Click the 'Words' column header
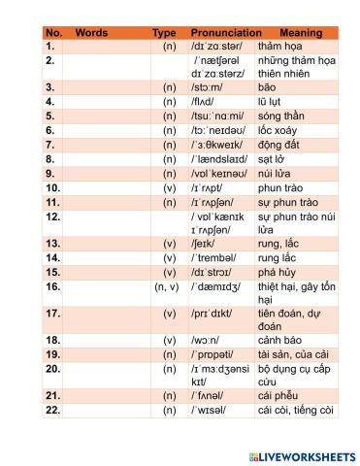coord(91,33)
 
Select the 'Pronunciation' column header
coord(225,33)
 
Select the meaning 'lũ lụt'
coord(276,101)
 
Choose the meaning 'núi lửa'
coord(278,174)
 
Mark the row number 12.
coord(53,216)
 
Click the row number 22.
coord(53,411)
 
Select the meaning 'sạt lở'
coord(277,159)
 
